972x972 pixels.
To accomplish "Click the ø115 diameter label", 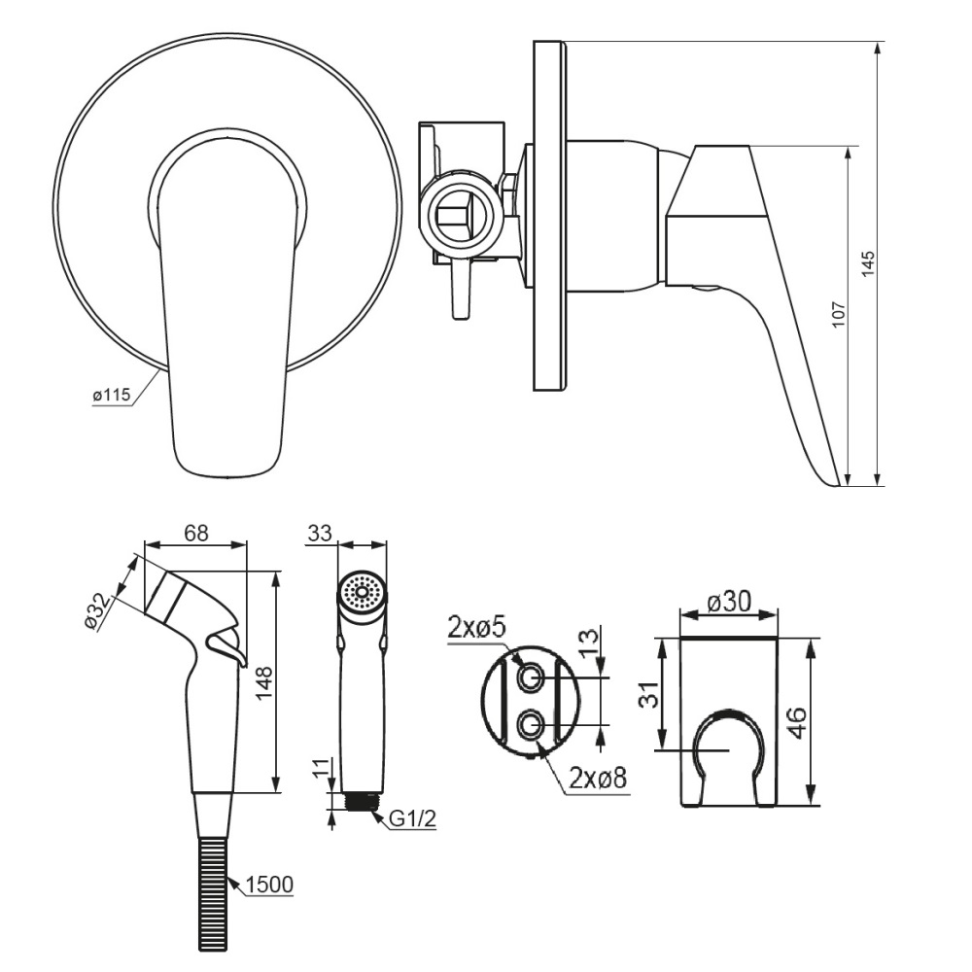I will pyautogui.click(x=111, y=397).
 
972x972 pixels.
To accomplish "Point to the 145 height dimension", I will pyautogui.click(x=868, y=264).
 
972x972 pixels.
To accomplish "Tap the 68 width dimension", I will pyautogui.click(x=195, y=534).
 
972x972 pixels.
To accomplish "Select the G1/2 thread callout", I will pyautogui.click(x=413, y=820).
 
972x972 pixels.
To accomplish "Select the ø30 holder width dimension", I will pyautogui.click(x=728, y=603).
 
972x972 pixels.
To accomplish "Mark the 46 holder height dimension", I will pyautogui.click(x=795, y=722).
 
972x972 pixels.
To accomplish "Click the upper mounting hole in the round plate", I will pyautogui.click(x=532, y=677).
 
